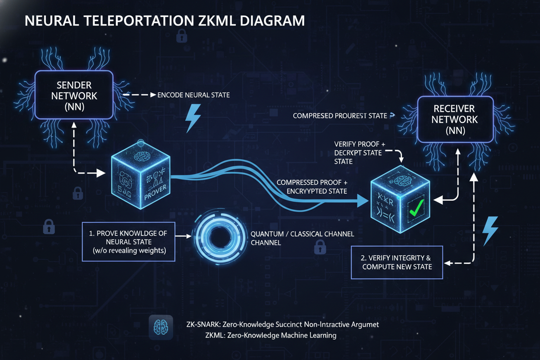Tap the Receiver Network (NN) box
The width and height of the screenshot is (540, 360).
tap(454, 119)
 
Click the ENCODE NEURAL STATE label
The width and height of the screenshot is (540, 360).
tap(193, 95)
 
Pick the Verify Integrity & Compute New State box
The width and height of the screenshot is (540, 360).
tap(397, 262)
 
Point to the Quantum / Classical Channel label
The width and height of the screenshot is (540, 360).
tap(302, 238)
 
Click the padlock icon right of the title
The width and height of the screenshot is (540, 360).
tap(181, 36)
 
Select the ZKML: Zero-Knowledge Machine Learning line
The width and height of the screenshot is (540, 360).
tap(271, 335)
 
